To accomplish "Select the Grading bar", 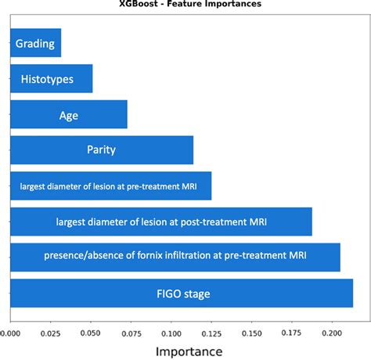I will (x=36, y=43).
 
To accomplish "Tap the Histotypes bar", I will (x=52, y=79).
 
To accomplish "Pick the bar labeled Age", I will (x=69, y=115).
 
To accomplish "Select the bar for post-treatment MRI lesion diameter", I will (x=161, y=222).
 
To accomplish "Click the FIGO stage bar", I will (x=182, y=294).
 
